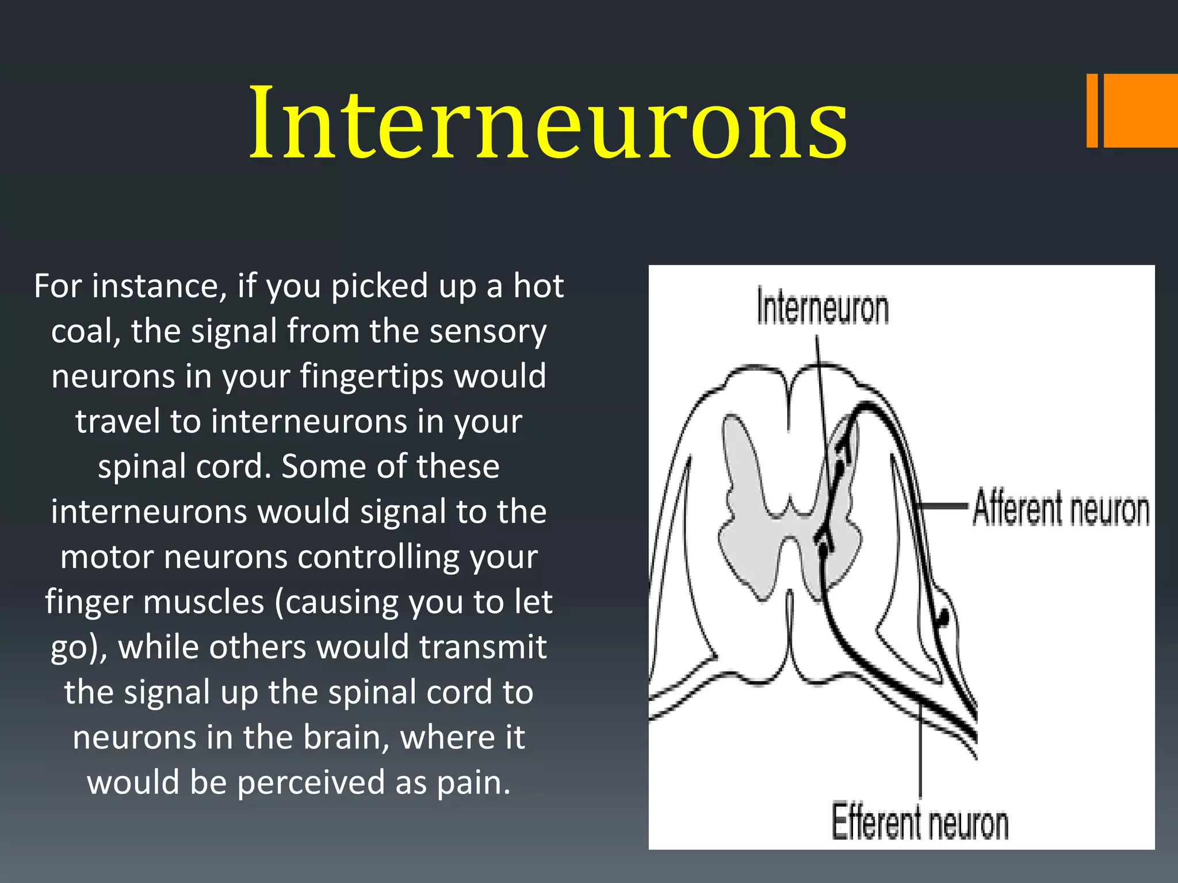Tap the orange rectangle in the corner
[x=1139, y=110]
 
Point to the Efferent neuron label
[x=920, y=823]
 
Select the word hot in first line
[x=538, y=286]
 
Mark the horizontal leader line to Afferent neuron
[x=943, y=506]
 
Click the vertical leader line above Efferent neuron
[x=920, y=753]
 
